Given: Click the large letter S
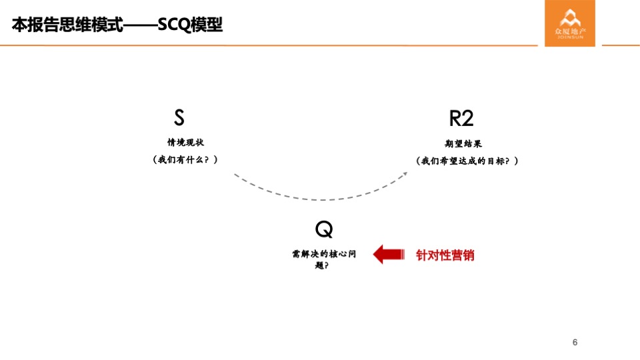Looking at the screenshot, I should pos(179,118).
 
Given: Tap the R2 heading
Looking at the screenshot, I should pos(461,119).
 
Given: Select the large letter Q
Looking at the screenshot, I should pos(324,229).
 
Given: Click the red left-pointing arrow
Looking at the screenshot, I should pos(388,254).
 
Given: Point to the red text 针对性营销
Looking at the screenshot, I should pos(445,255).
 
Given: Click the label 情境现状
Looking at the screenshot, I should pos(185,142).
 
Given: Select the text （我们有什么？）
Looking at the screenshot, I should pos(185,160).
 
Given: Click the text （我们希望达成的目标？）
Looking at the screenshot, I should pos(466,161).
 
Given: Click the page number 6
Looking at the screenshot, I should pos(575,343).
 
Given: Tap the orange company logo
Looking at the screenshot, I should pos(569,23).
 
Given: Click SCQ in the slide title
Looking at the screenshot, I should pos(174,25).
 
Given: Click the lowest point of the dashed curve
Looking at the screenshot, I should pos(320,199).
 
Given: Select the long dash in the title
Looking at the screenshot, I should pos(141,25).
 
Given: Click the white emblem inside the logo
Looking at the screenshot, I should pos(569,17).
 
